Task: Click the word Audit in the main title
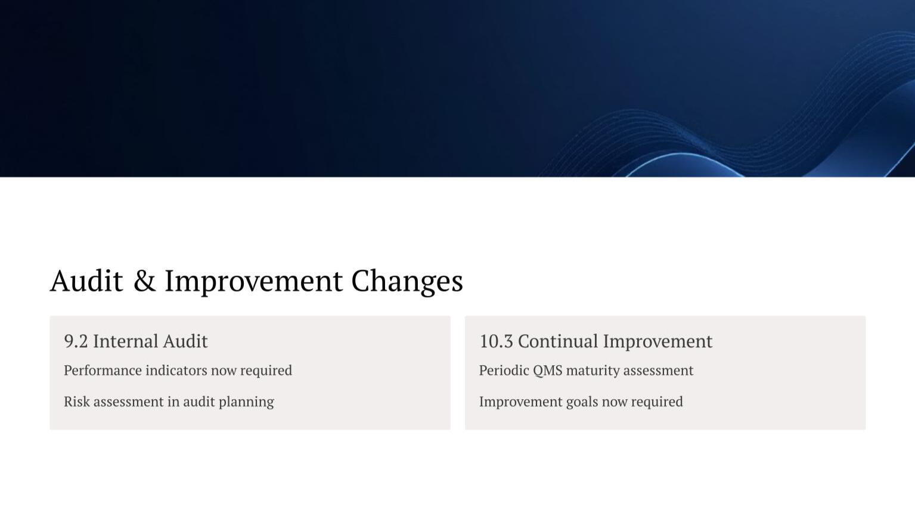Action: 86,281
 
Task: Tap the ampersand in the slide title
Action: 145,281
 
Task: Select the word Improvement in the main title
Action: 253,282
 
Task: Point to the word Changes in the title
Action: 407,282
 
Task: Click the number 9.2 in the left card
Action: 76,341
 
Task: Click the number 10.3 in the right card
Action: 496,341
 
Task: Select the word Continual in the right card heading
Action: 558,341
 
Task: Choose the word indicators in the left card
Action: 176,370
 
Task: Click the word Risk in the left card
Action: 76,401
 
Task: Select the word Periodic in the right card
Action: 504,370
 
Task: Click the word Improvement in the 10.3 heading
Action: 657,341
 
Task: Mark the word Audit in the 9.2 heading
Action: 185,341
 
